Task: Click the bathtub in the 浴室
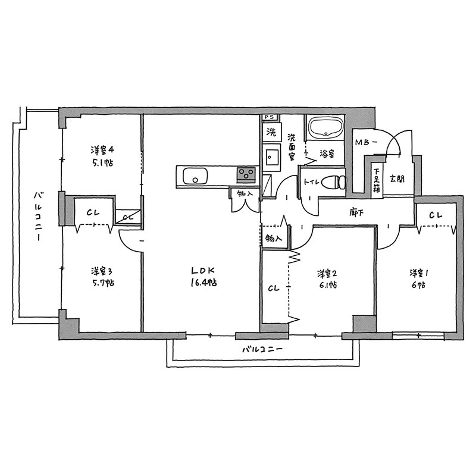pyautogui.click(x=325, y=127)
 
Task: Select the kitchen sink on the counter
pyautogui.click(x=195, y=176)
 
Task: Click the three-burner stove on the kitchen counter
pyautogui.click(x=246, y=175)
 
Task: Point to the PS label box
pyautogui.click(x=269, y=117)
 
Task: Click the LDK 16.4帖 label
pyautogui.click(x=203, y=276)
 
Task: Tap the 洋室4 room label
pyautogui.click(x=102, y=150)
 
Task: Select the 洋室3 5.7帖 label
pyautogui.click(x=102, y=277)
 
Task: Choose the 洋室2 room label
pyautogui.click(x=327, y=274)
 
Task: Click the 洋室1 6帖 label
pyautogui.click(x=419, y=278)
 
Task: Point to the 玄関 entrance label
pyautogui.click(x=397, y=179)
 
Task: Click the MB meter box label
pyautogui.click(x=366, y=142)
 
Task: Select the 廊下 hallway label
pyautogui.click(x=356, y=212)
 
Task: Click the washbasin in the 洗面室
pyautogui.click(x=272, y=157)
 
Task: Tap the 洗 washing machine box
pyautogui.click(x=271, y=132)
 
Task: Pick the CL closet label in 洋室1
pyautogui.click(x=436, y=215)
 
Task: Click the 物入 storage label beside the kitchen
pyautogui.click(x=245, y=194)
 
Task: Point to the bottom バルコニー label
pyautogui.click(x=262, y=349)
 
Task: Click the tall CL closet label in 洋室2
pyautogui.click(x=274, y=288)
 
